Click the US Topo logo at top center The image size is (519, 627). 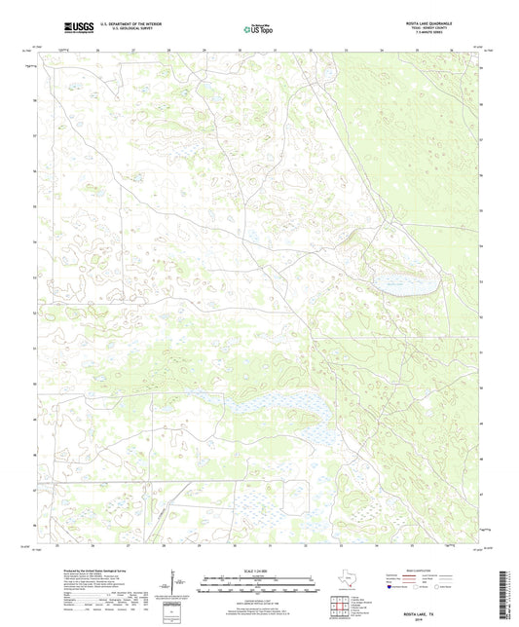259,28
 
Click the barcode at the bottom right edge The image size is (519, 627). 509,594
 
